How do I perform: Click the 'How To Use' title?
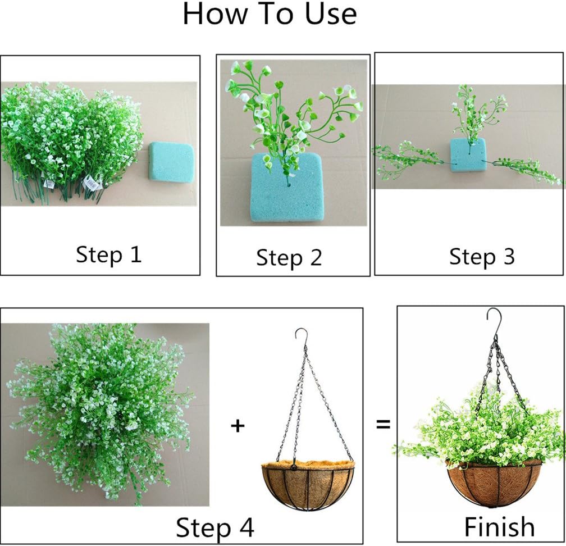click(x=270, y=15)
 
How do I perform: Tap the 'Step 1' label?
click(x=109, y=254)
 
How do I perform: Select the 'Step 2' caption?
click(x=289, y=258)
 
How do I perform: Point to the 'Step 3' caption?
click(x=482, y=257)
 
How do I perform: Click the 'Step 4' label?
click(x=215, y=528)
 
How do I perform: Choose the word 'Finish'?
click(x=499, y=527)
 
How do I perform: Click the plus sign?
click(x=238, y=425)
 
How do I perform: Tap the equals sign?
click(x=383, y=424)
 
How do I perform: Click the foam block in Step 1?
click(x=171, y=161)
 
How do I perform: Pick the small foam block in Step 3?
click(x=467, y=154)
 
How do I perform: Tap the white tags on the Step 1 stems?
click(x=90, y=181)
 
